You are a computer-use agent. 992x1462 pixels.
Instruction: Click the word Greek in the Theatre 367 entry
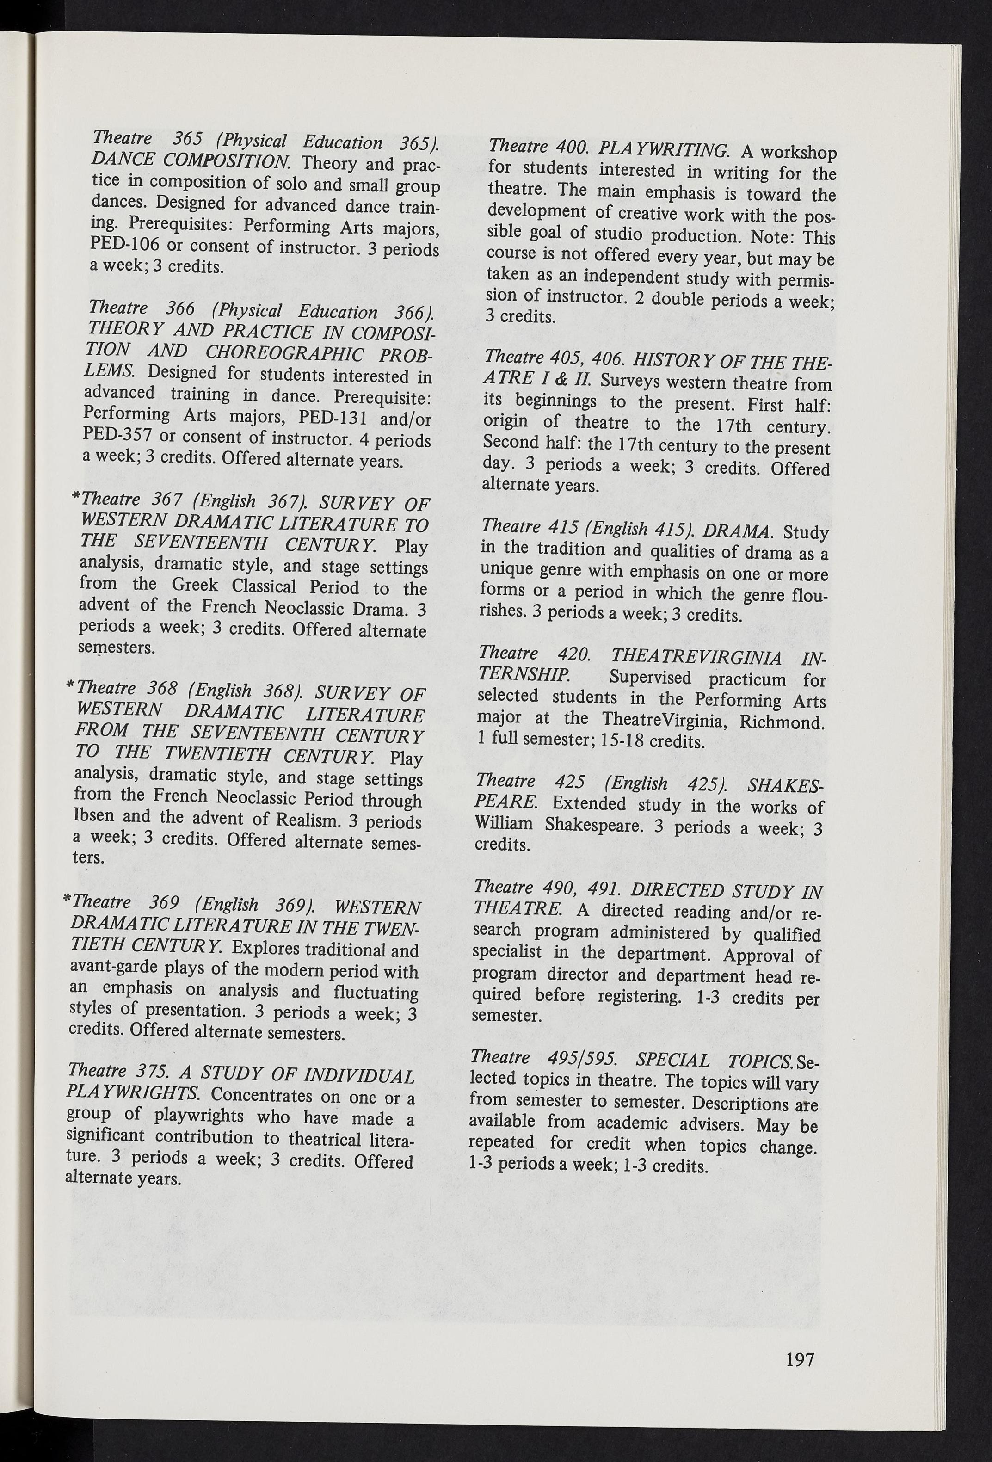(x=195, y=585)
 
